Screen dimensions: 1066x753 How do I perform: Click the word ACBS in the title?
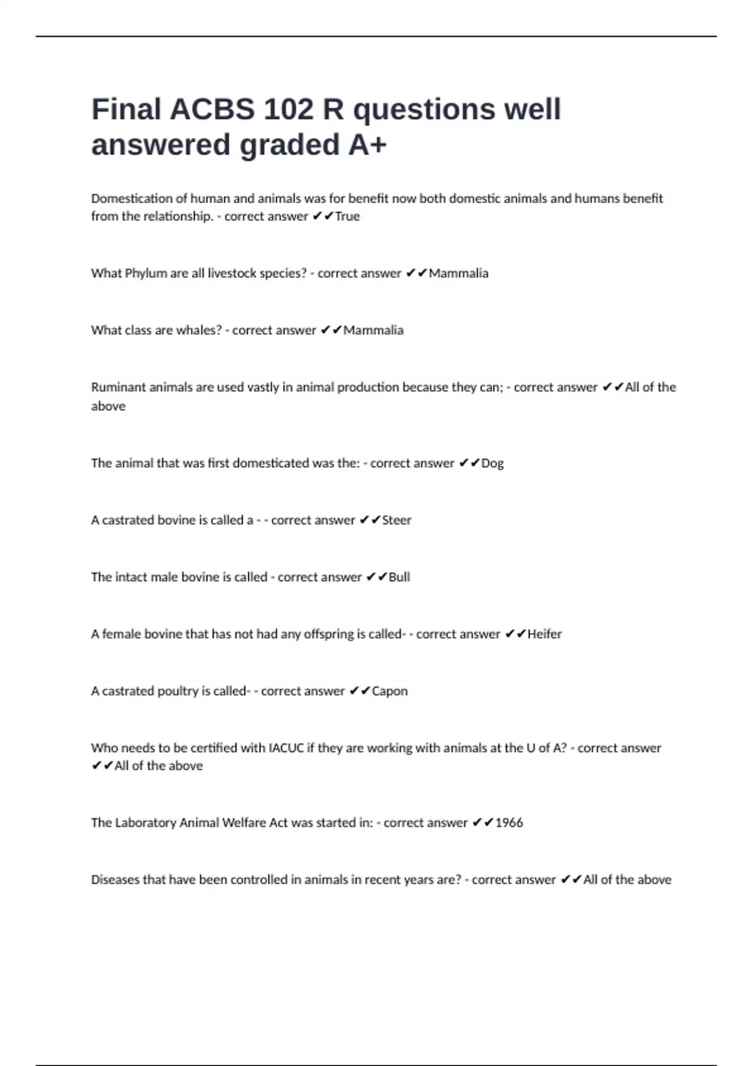click(212, 109)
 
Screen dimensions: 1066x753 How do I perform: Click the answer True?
click(348, 216)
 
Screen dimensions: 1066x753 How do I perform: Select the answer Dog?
click(493, 463)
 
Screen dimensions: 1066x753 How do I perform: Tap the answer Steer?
click(397, 520)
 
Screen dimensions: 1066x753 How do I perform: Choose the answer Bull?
click(399, 577)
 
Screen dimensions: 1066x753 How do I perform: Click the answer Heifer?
click(545, 634)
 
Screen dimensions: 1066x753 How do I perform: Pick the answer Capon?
click(390, 691)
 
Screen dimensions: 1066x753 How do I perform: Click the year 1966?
click(509, 823)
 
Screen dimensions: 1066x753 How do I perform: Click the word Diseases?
click(115, 880)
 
